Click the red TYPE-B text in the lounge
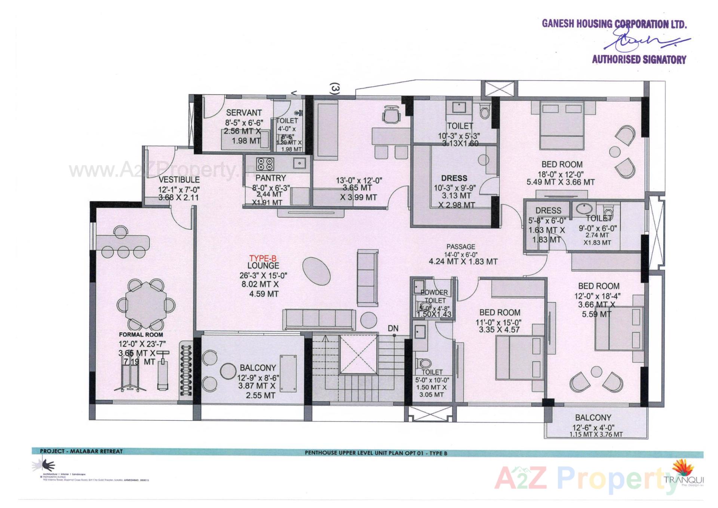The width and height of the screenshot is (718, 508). pyautogui.click(x=263, y=258)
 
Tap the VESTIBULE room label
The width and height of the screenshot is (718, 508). pyautogui.click(x=179, y=180)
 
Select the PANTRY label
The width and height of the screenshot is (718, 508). pyautogui.click(x=271, y=178)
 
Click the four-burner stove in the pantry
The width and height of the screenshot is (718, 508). pyautogui.click(x=265, y=164)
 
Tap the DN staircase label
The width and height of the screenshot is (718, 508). pyautogui.click(x=393, y=328)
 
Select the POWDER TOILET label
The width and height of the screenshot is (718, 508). pyautogui.click(x=435, y=296)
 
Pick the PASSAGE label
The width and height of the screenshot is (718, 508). pyautogui.click(x=461, y=247)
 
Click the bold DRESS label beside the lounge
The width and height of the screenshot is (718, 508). pyautogui.click(x=454, y=178)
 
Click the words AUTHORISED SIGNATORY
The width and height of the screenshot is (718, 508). pyautogui.click(x=639, y=60)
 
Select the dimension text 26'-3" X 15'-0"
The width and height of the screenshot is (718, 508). pyautogui.click(x=263, y=276)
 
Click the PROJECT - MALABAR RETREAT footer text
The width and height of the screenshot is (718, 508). pyautogui.click(x=81, y=451)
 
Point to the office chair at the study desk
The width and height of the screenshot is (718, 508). pyautogui.click(x=392, y=114)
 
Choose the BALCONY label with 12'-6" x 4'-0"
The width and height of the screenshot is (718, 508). pyautogui.click(x=593, y=417)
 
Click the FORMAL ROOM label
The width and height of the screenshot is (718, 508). pyautogui.click(x=141, y=335)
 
